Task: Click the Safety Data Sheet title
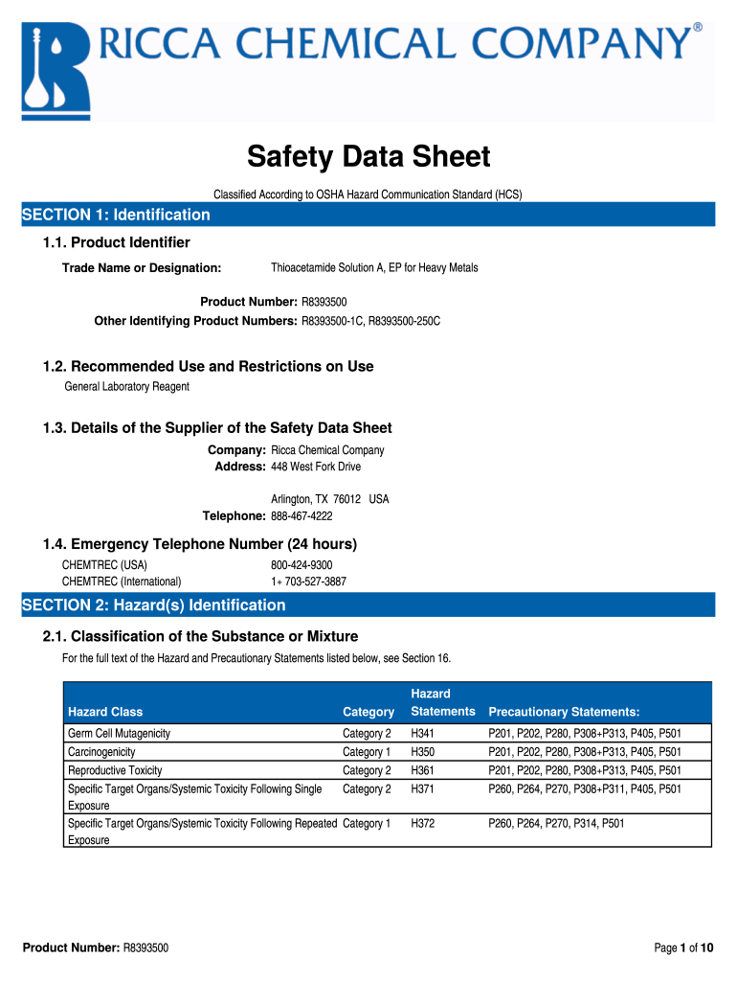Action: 368,156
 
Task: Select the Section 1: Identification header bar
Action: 368,215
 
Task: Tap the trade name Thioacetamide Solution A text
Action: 374,267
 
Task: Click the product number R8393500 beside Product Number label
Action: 324,302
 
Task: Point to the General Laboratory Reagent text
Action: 126,386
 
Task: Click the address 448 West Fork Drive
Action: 316,467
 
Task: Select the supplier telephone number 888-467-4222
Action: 301,516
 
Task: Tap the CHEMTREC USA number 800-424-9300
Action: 301,565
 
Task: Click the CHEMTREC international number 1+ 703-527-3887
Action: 308,581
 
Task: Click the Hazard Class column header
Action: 105,712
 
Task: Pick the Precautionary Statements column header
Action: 564,712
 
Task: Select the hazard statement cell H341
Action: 423,733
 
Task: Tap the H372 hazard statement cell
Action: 423,822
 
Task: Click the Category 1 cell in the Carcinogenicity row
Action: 367,752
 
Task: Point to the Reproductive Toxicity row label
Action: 115,770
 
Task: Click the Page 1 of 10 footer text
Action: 683,947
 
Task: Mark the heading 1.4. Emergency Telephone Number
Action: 200,544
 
